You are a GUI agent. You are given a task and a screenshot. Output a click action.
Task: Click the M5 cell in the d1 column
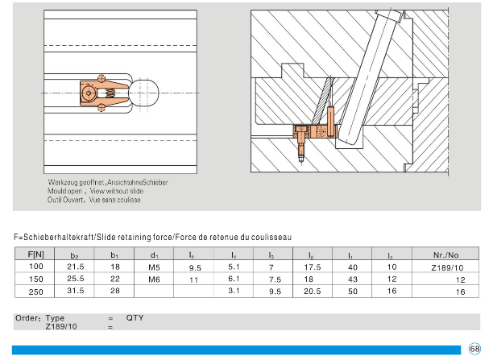click(155, 267)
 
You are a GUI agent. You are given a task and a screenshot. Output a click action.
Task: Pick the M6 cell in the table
click(155, 279)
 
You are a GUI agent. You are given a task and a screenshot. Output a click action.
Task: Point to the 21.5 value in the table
click(76, 267)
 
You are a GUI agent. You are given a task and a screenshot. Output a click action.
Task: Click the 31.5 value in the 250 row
click(76, 291)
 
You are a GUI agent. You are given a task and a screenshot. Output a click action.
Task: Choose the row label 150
click(36, 279)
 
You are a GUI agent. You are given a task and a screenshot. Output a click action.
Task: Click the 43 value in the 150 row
click(352, 279)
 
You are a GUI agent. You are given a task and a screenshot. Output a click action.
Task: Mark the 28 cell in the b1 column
click(115, 291)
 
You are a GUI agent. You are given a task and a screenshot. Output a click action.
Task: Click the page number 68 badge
click(474, 348)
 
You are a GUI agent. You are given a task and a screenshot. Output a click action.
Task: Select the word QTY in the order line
click(135, 318)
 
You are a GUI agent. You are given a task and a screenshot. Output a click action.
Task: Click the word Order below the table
click(27, 318)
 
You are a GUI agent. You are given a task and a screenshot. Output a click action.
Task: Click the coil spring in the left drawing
click(103, 97)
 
